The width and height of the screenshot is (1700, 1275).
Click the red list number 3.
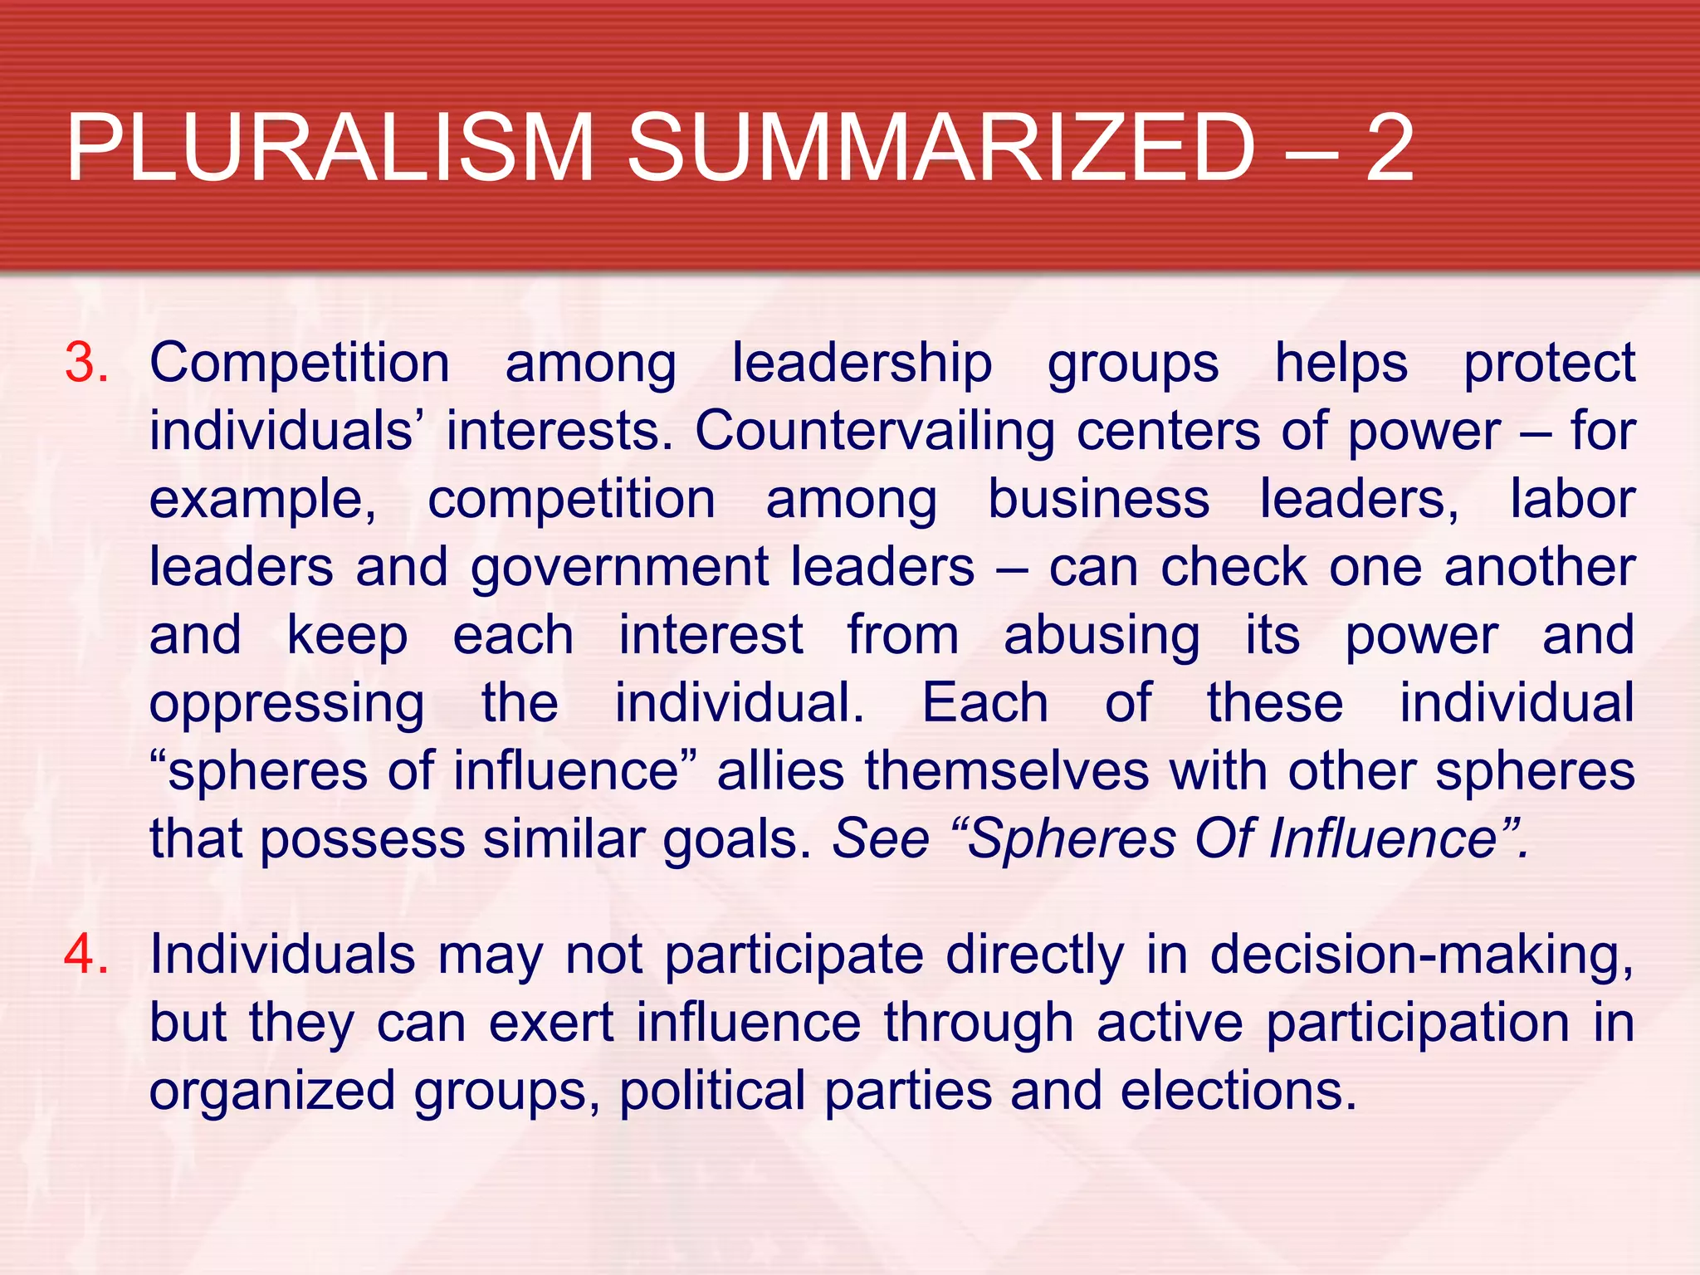87,364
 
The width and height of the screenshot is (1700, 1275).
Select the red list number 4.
87,954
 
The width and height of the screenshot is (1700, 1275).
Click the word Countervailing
875,432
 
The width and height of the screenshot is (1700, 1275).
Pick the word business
1098,500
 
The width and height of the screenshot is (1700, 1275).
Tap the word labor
1572,500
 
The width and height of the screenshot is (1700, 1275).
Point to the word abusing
1102,637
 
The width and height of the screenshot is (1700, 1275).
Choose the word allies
780,772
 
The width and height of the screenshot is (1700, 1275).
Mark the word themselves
1007,772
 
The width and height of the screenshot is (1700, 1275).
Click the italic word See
881,839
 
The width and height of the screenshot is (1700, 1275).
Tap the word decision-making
1421,955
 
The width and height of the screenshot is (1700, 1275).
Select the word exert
551,1023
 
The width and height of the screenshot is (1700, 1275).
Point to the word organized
272,1092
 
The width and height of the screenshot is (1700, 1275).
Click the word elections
1238,1091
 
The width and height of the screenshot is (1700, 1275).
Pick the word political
712,1091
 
